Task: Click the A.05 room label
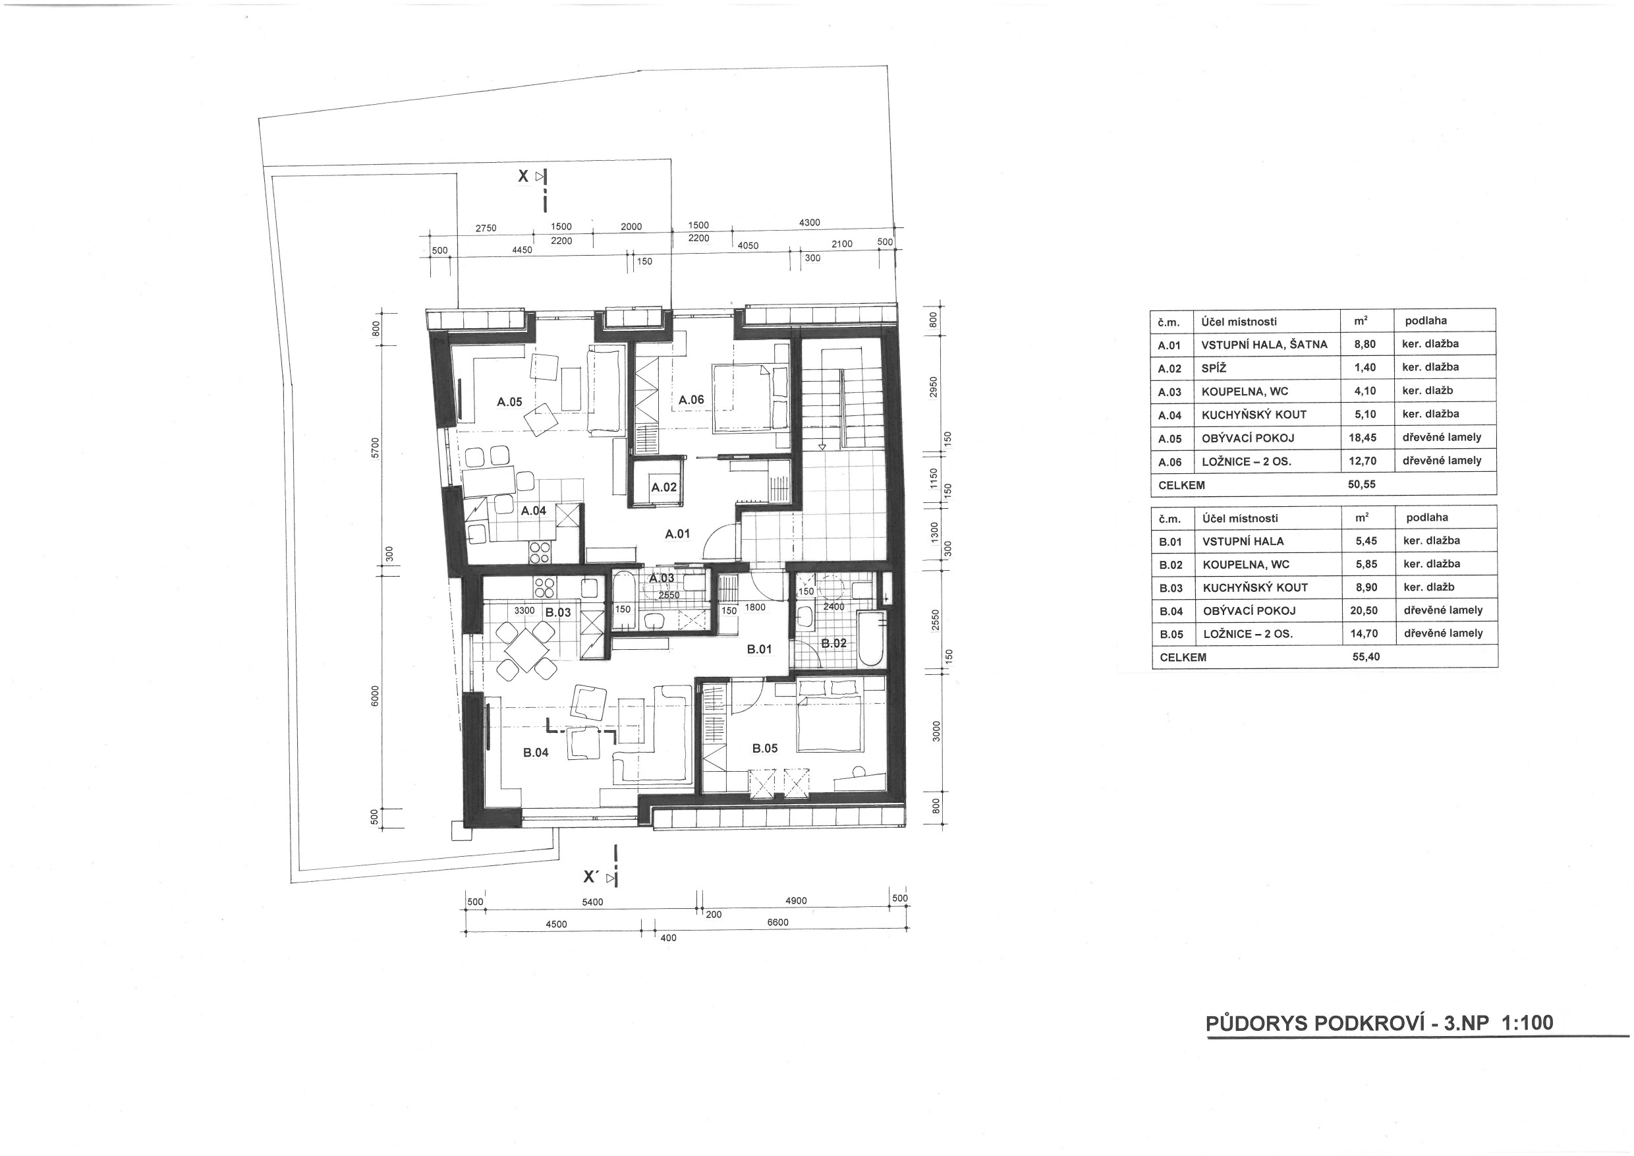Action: click(x=509, y=402)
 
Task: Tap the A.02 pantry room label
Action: click(x=664, y=488)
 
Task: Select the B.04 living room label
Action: click(x=536, y=753)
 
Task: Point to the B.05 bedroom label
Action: click(x=765, y=748)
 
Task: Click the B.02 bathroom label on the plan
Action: click(x=834, y=643)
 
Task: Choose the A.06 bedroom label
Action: click(x=691, y=400)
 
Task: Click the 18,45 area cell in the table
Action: click(x=1363, y=438)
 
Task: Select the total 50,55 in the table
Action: click(x=1362, y=484)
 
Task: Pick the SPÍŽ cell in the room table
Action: click(x=1214, y=368)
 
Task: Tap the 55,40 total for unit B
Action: click(x=1366, y=656)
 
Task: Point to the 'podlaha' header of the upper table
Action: click(x=1426, y=321)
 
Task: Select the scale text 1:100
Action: click(x=1527, y=1023)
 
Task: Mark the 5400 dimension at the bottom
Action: click(x=592, y=902)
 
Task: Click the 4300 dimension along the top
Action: click(x=809, y=223)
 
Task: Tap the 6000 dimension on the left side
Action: click(x=375, y=695)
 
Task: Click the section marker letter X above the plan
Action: click(x=523, y=176)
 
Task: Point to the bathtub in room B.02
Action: click(x=870, y=638)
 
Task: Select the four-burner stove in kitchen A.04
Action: click(x=539, y=553)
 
